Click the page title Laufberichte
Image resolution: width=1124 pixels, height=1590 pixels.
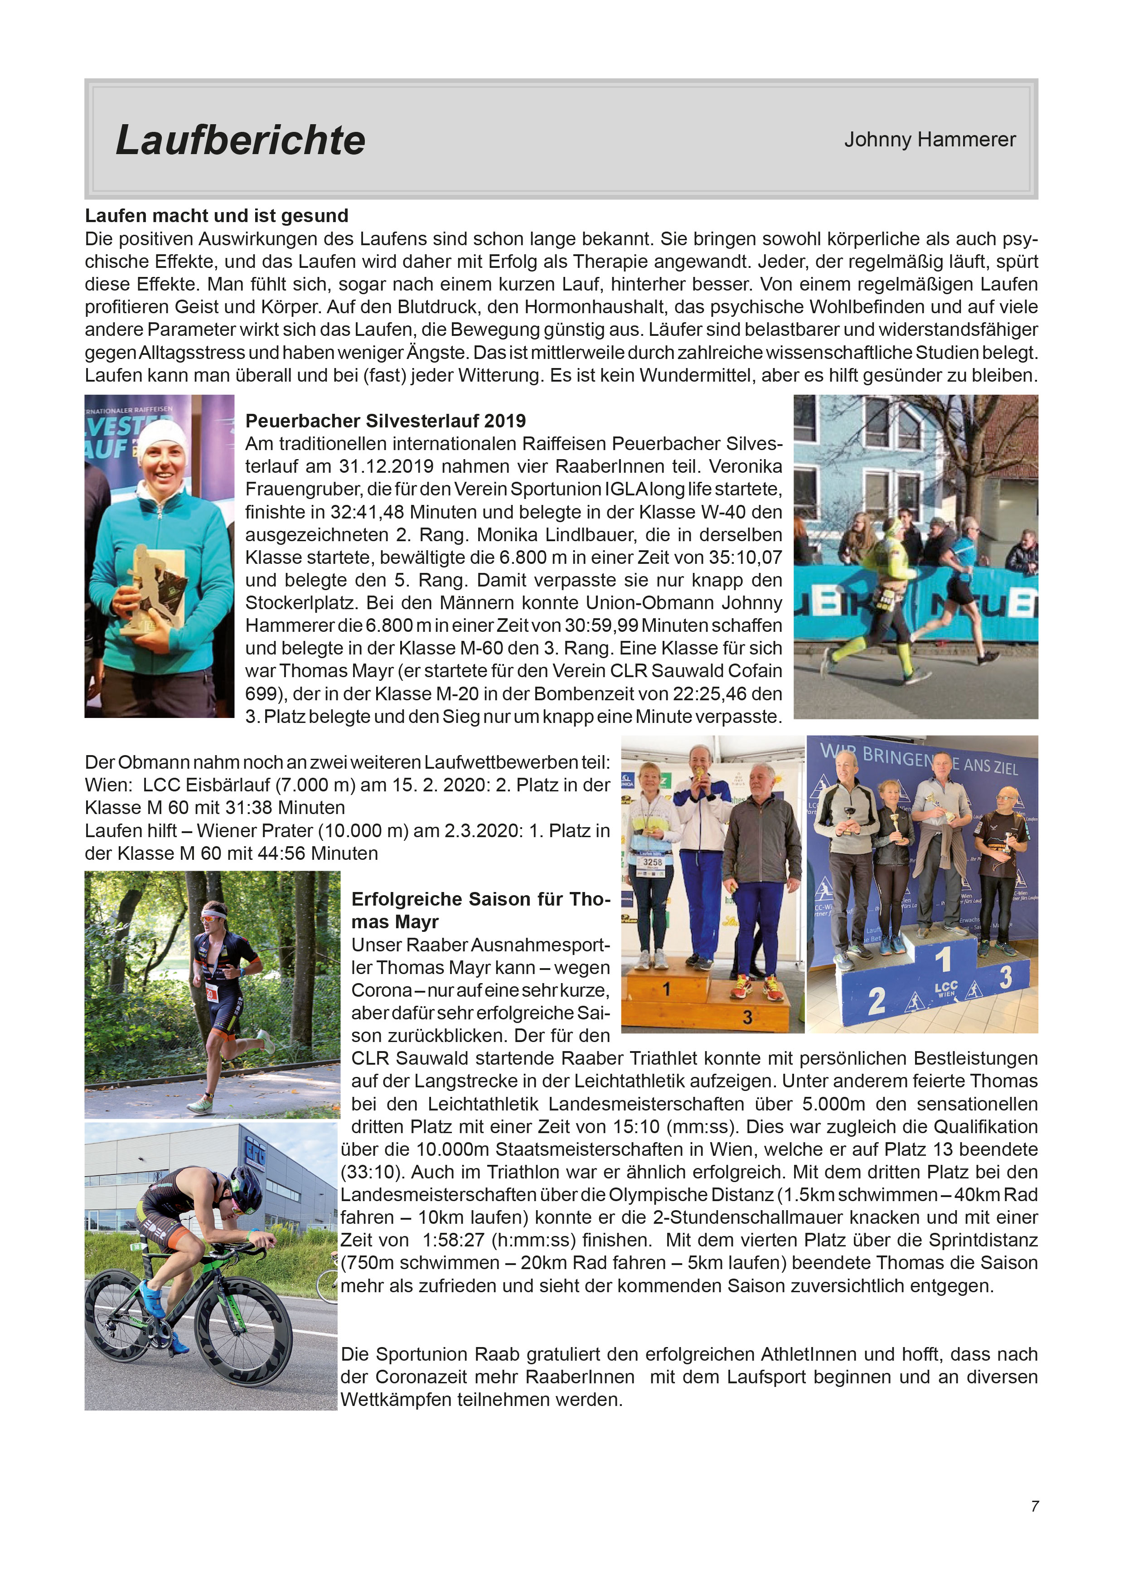(x=240, y=140)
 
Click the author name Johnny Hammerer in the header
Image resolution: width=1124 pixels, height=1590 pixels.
(x=930, y=140)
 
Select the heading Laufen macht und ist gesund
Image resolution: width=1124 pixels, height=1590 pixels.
(x=216, y=216)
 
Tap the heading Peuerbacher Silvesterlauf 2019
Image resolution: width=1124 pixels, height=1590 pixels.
(x=385, y=421)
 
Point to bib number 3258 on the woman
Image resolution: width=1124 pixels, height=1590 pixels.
(x=652, y=862)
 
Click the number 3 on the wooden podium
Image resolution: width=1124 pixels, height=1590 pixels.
(x=747, y=1017)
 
